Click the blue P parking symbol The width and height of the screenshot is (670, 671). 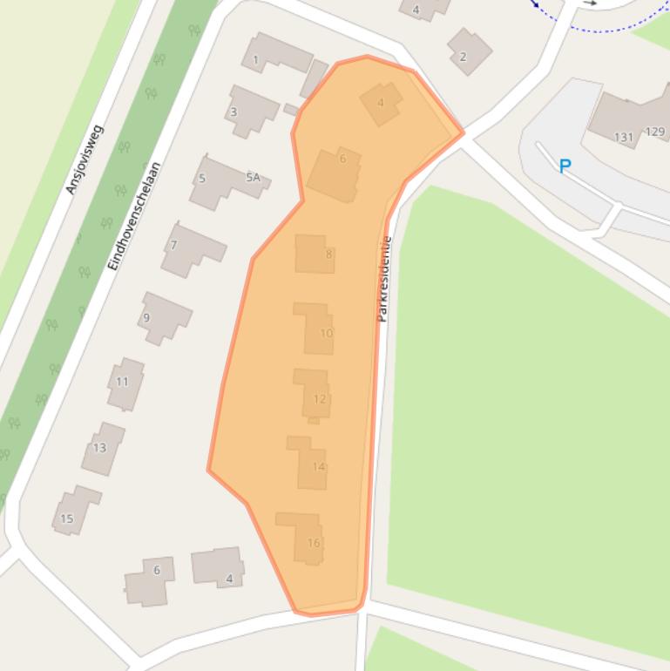565,166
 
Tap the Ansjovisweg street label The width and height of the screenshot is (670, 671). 85,159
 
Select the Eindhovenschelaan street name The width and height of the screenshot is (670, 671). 133,216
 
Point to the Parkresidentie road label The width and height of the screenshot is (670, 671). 384,279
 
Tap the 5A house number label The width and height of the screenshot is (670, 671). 253,178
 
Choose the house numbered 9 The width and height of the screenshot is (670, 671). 163,318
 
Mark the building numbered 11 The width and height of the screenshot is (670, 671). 125,383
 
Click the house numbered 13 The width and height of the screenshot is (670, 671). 102,448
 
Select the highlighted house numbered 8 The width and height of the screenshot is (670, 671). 315,254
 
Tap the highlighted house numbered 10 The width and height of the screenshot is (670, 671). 315,329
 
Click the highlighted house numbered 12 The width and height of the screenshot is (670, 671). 313,395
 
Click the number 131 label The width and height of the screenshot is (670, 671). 624,137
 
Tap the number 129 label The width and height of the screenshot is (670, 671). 655,132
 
